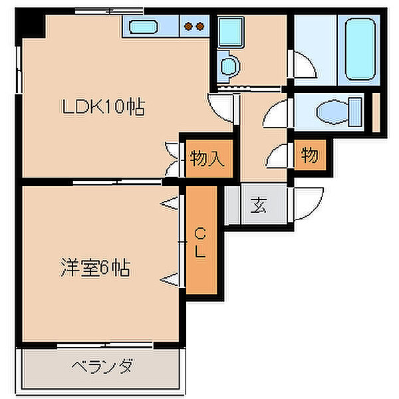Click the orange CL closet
click(201, 240)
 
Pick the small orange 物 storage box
click(310, 156)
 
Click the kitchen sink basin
click(142, 27)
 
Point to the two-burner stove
click(194, 27)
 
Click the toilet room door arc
click(275, 112)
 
